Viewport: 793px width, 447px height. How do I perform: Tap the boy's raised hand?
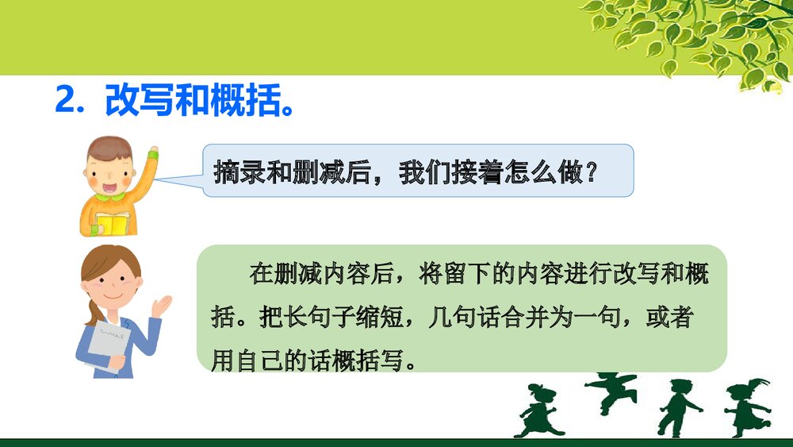pyautogui.click(x=151, y=152)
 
